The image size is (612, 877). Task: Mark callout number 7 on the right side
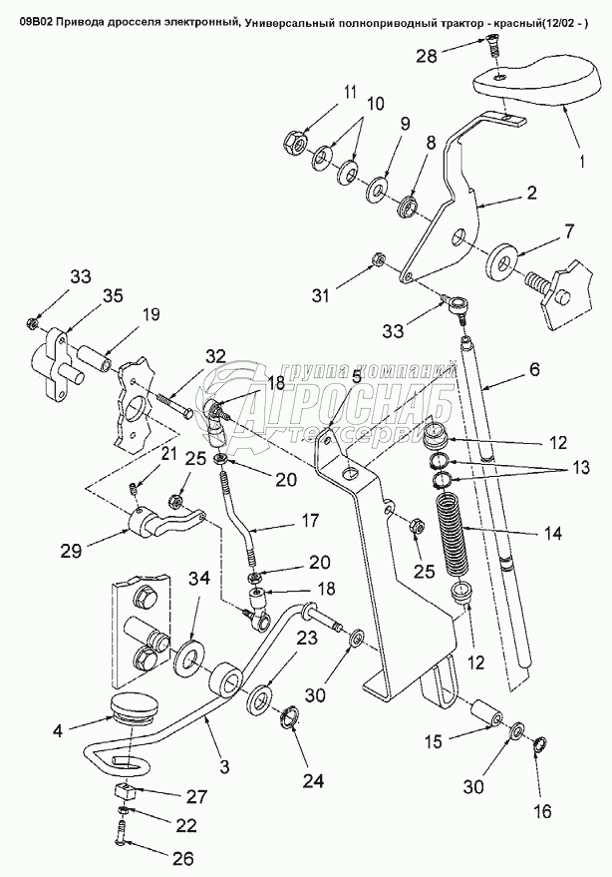[x=568, y=231]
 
